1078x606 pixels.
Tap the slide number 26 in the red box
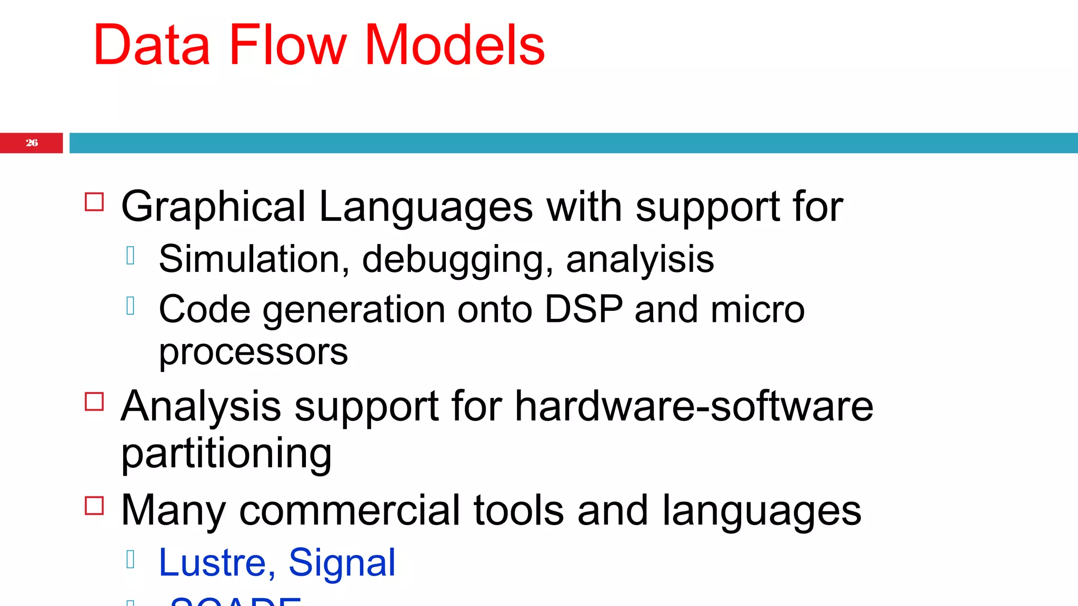click(x=32, y=143)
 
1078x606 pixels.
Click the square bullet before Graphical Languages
click(x=94, y=202)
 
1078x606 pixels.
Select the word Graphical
click(x=213, y=207)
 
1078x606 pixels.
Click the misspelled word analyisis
click(x=640, y=259)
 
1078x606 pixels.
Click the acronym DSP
click(x=583, y=309)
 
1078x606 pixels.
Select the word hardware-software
click(x=694, y=406)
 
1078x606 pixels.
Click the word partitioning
click(x=226, y=453)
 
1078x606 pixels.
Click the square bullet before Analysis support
click(x=94, y=402)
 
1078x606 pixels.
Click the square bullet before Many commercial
click(x=94, y=506)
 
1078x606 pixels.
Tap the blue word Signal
click(x=342, y=563)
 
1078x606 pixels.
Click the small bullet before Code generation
click(x=131, y=306)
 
